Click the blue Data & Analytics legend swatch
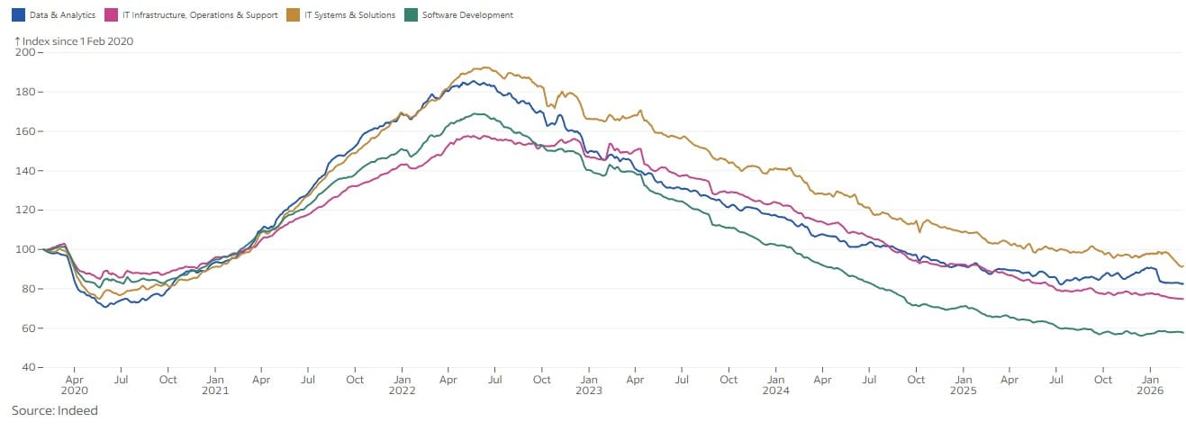point(18,15)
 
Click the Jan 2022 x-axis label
point(402,385)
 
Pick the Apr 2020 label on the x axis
point(74,385)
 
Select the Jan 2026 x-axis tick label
point(1150,385)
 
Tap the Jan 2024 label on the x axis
point(775,385)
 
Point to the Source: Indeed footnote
point(54,410)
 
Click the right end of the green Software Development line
point(1182,333)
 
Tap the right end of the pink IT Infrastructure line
point(1182,299)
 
